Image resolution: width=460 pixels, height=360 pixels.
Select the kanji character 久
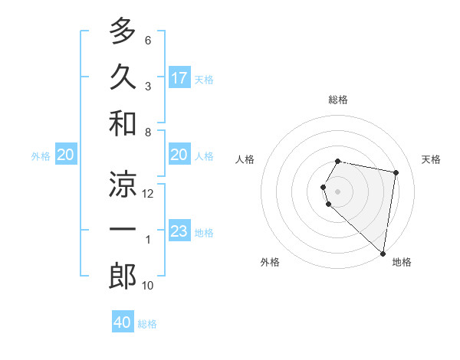pyautogui.click(x=123, y=77)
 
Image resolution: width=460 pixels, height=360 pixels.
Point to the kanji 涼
pyautogui.click(x=123, y=184)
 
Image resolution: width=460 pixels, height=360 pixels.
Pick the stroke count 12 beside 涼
pyautogui.click(x=148, y=194)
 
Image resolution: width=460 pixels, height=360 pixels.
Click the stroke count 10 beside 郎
pyautogui.click(x=148, y=286)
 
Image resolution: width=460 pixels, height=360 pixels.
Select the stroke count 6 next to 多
pyautogui.click(x=148, y=40)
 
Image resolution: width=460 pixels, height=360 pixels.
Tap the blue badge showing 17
pyautogui.click(x=179, y=78)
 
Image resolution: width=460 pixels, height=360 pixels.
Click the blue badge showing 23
pyautogui.click(x=179, y=231)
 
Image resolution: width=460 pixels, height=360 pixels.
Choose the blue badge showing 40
pyautogui.click(x=123, y=322)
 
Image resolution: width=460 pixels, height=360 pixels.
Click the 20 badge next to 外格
pyautogui.click(x=66, y=155)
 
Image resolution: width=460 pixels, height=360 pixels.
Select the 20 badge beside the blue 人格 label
pyautogui.click(x=179, y=155)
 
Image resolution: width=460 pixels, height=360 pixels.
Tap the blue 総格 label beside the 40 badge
pyautogui.click(x=147, y=324)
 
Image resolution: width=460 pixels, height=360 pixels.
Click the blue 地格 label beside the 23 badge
pyautogui.click(x=204, y=232)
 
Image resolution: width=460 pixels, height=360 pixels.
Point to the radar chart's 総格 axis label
pyautogui.click(x=338, y=100)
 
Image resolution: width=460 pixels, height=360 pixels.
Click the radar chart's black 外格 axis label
pyautogui.click(x=270, y=262)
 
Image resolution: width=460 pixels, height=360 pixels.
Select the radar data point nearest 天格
pyautogui.click(x=396, y=172)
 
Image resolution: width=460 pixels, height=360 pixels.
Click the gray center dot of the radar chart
pyautogui.click(x=338, y=191)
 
